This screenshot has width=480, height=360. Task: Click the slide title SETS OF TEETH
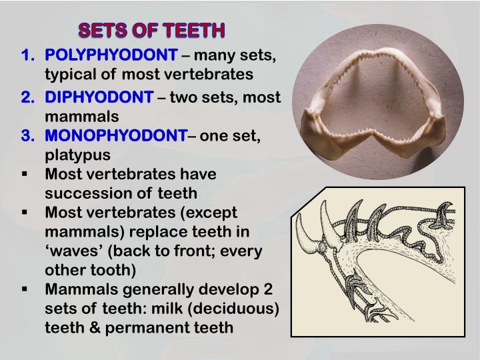152,31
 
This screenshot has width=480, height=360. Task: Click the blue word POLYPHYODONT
111,55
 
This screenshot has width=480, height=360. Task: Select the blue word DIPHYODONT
99,98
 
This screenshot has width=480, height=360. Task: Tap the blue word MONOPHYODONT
117,136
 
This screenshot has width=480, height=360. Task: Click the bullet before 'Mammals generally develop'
25,289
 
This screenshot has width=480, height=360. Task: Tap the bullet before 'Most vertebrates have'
25,174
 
